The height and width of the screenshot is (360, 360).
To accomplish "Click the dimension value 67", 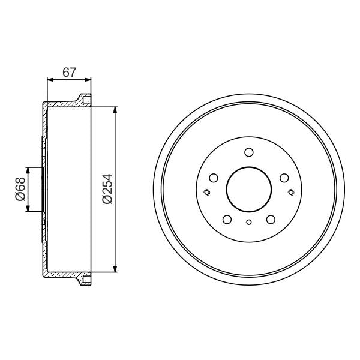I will click(70, 72).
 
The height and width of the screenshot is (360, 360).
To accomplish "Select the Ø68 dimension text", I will click(19, 189).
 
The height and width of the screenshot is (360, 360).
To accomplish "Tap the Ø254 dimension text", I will click(107, 190).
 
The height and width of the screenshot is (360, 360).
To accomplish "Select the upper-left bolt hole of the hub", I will click(213, 177).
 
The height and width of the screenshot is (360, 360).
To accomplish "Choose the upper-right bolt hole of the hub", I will click(285, 177).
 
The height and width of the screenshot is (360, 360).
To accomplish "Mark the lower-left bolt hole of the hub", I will click(227, 219).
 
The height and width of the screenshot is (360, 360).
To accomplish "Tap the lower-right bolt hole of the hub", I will click(271, 219).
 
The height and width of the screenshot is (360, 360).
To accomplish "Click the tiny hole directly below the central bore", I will click(249, 223).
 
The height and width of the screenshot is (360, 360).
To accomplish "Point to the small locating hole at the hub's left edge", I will click(207, 192).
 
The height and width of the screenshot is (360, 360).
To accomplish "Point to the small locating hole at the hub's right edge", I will click(291, 192).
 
